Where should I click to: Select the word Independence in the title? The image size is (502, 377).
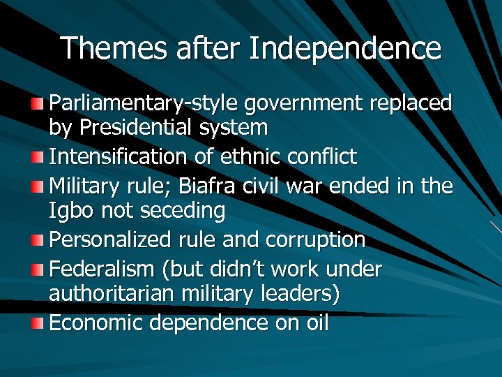pos(344,48)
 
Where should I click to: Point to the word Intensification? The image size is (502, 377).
pos(119,156)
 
